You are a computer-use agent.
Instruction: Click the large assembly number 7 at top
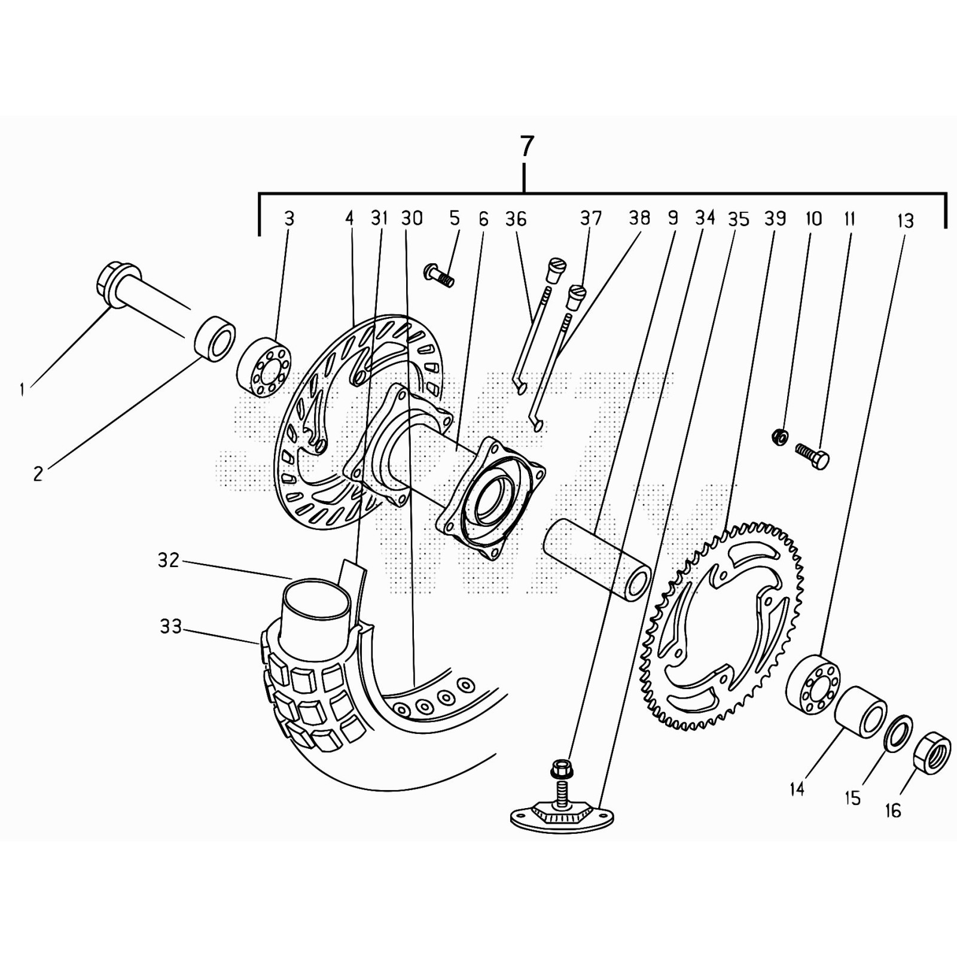coord(525,147)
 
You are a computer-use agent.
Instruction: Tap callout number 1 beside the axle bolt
coord(22,390)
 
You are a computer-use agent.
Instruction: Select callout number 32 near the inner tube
coord(169,560)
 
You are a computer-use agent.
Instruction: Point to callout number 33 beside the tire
coord(171,627)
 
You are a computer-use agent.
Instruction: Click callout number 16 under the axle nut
coord(892,810)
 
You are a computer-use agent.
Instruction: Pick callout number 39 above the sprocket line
coord(775,219)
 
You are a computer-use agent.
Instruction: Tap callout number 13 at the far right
coord(906,221)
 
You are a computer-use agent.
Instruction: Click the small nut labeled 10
coord(779,437)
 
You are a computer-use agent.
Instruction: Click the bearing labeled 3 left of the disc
coord(265,367)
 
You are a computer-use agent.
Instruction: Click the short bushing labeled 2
coord(215,339)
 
